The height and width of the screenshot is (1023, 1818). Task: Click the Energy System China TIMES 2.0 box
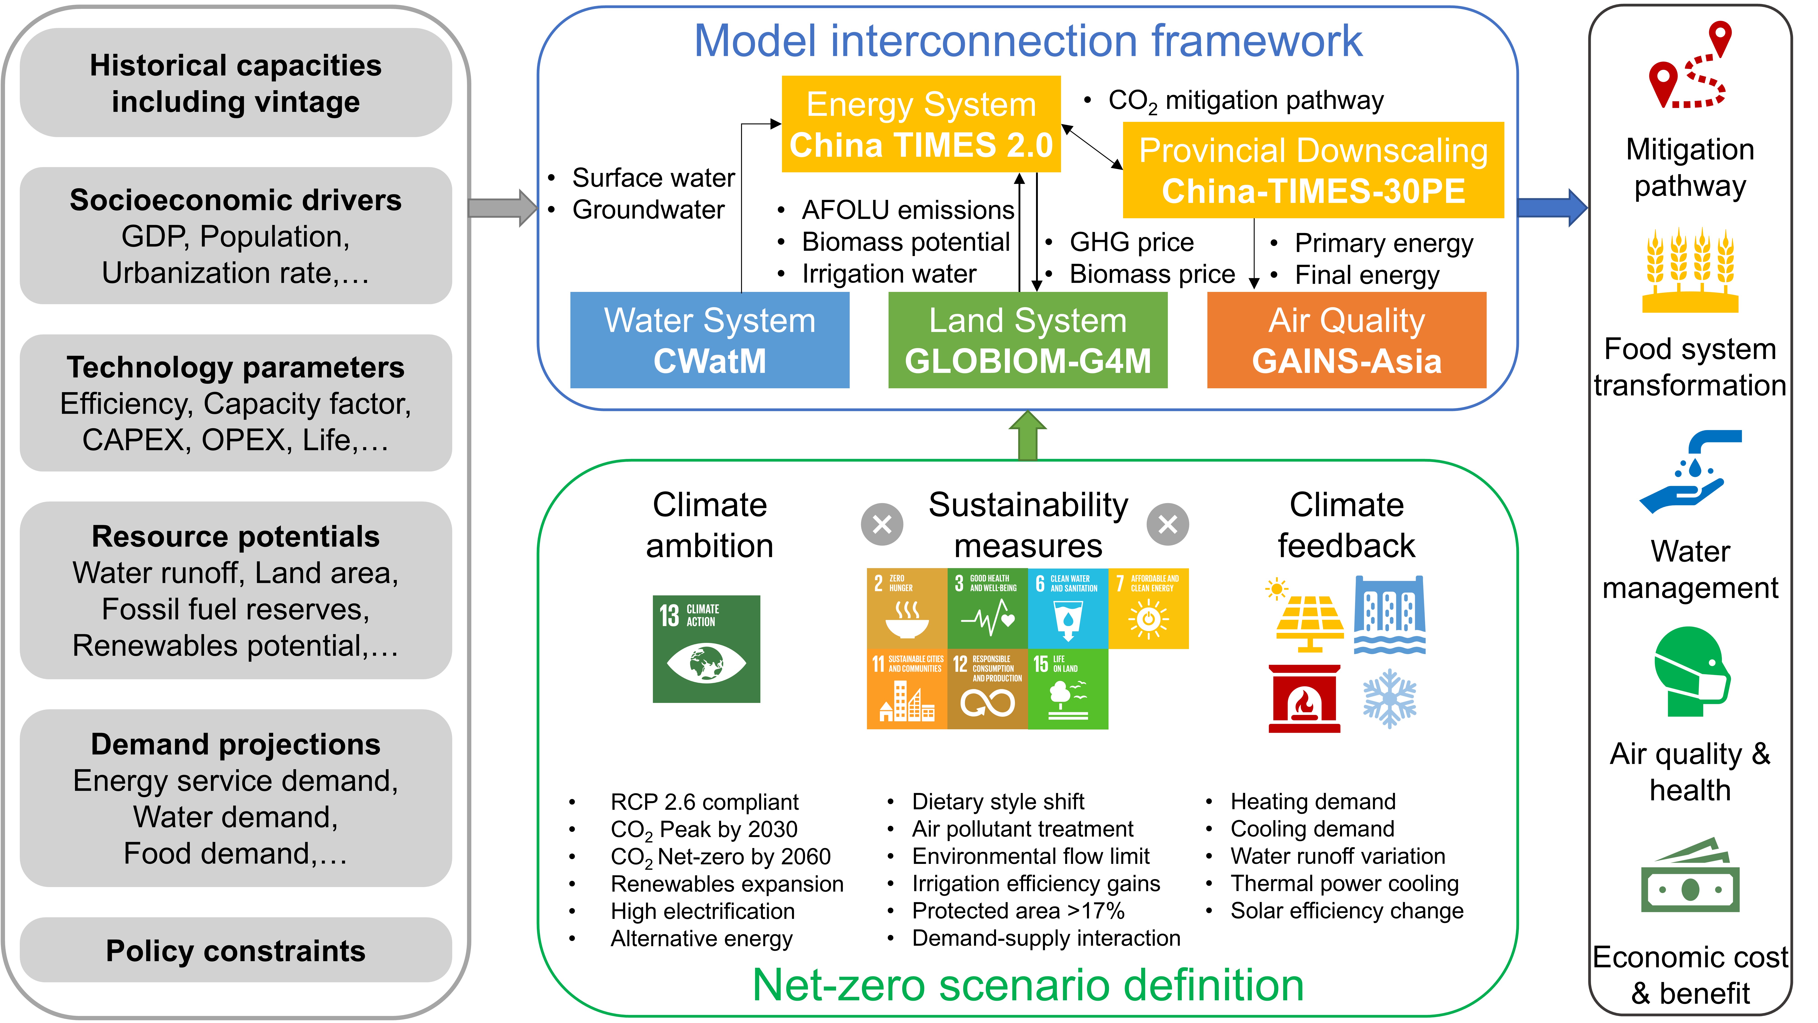921,124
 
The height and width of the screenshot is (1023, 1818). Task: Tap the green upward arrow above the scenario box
1028,436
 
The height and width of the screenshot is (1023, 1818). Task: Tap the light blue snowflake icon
1389,697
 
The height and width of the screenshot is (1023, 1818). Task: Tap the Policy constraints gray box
236,950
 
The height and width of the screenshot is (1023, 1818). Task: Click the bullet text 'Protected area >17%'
1018,911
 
